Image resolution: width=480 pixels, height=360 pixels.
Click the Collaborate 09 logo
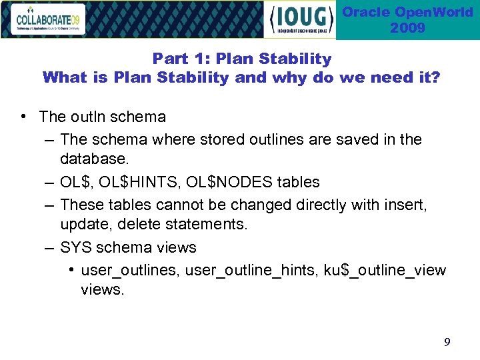click(47, 19)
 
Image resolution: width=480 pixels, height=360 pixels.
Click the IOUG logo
click(301, 20)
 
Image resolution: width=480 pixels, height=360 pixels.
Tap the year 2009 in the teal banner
click(407, 28)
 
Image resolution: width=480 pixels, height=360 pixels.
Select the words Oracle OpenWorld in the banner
click(407, 12)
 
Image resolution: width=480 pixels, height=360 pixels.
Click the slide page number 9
click(447, 343)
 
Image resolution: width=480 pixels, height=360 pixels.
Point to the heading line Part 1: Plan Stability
click(241, 59)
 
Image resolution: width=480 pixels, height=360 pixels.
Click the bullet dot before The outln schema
click(23, 117)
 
